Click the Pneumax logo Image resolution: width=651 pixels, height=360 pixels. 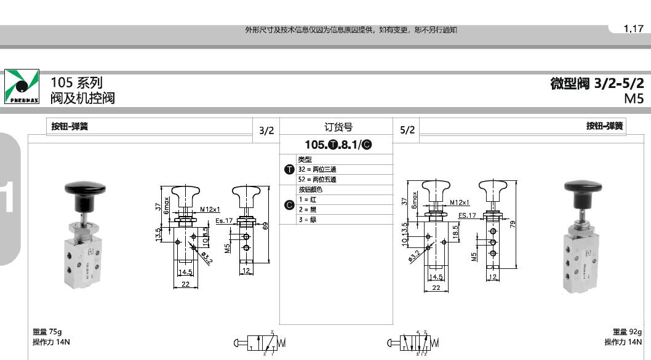pyautogui.click(x=22, y=87)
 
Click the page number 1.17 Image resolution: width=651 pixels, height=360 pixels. pyautogui.click(x=633, y=29)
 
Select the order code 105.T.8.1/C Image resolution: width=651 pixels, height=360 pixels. pyautogui.click(x=338, y=145)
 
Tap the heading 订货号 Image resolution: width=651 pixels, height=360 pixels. pyautogui.click(x=338, y=127)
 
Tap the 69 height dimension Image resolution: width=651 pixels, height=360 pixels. pyautogui.click(x=266, y=226)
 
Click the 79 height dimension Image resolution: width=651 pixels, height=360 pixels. pyautogui.click(x=512, y=223)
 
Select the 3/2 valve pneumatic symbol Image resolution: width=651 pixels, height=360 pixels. pyautogui.click(x=260, y=343)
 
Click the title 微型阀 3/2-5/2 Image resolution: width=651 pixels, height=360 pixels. pyautogui.click(x=597, y=84)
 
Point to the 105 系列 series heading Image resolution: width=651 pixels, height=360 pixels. pyautogui.click(x=76, y=82)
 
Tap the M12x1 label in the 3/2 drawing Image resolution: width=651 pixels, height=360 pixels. pyautogui.click(x=210, y=210)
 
